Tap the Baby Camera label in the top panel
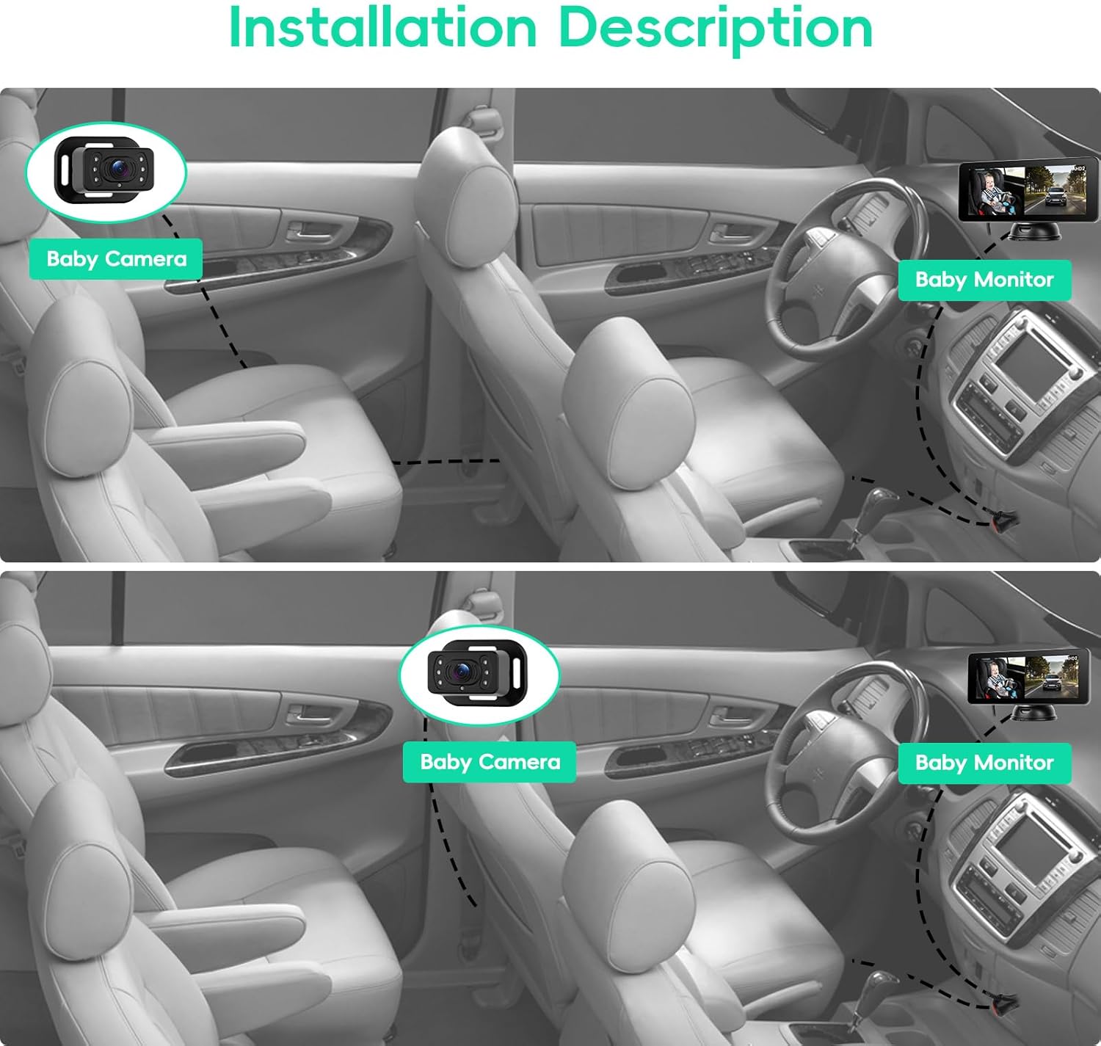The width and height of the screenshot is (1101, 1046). click(x=116, y=259)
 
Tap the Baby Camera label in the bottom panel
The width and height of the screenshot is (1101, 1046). click(x=490, y=762)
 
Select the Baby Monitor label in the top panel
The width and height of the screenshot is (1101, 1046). click(x=984, y=280)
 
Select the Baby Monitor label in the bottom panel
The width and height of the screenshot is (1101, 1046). click(x=984, y=763)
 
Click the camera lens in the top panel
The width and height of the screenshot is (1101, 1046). click(x=118, y=167)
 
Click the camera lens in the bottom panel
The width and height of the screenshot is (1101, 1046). click(x=462, y=669)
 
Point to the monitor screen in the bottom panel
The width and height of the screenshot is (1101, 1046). click(x=1027, y=677)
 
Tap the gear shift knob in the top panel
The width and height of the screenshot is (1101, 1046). click(x=880, y=498)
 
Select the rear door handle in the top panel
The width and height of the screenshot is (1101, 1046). click(x=302, y=230)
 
